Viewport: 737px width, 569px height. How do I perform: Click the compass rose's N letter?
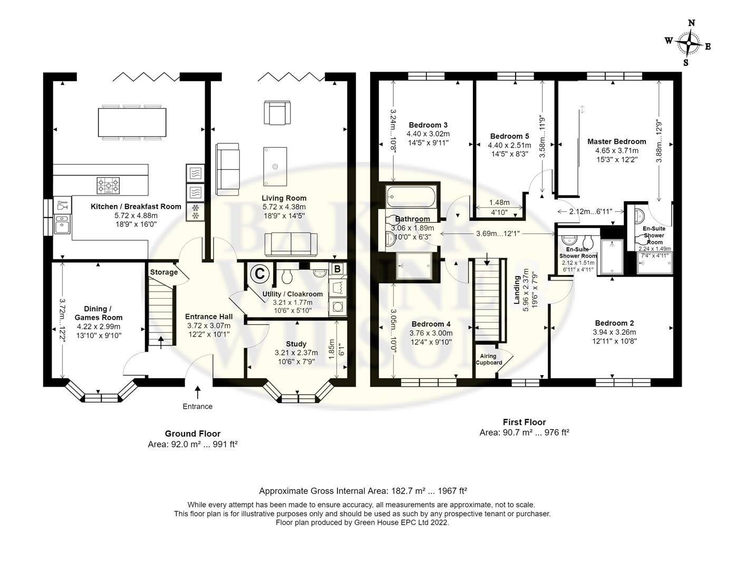[691, 23]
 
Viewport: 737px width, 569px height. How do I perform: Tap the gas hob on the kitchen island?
[108, 185]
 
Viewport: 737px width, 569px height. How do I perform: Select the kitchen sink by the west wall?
[62, 224]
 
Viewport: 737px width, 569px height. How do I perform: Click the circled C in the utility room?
[259, 273]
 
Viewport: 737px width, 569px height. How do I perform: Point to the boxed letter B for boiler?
[337, 269]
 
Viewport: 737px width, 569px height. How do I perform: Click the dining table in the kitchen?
[132, 122]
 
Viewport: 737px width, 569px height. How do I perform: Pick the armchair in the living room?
[277, 113]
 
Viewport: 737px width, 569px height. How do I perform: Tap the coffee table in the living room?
[275, 166]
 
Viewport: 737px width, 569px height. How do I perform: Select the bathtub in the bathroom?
[411, 197]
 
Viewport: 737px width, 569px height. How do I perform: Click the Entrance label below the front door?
[197, 406]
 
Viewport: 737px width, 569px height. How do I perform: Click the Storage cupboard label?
[164, 272]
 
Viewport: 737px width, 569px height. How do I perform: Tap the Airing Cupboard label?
[488, 359]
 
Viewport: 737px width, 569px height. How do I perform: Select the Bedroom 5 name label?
[509, 136]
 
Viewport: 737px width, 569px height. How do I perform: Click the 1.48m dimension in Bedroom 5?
[499, 203]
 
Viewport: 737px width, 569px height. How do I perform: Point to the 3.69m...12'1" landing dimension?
[498, 233]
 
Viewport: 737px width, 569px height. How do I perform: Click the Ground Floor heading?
[192, 434]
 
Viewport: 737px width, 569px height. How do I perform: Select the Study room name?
[296, 344]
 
